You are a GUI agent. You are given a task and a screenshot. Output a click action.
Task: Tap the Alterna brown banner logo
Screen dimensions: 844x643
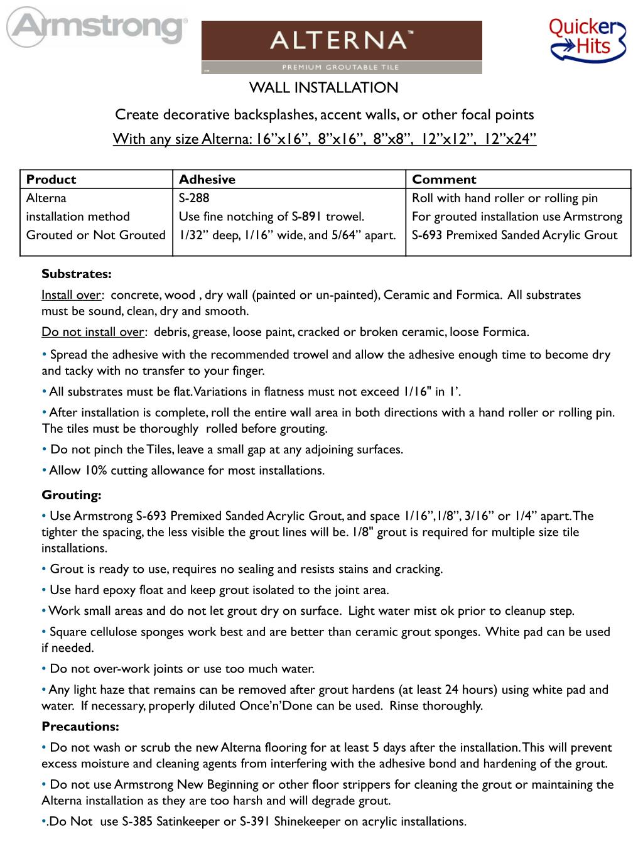(x=342, y=47)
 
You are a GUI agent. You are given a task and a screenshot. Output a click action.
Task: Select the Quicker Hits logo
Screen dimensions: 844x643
(x=588, y=38)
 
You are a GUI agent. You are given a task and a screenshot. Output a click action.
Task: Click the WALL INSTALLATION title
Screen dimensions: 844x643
(x=324, y=88)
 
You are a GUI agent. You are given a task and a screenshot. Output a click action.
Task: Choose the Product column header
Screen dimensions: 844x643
(x=51, y=180)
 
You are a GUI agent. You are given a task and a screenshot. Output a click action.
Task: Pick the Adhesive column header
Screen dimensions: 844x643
(x=207, y=180)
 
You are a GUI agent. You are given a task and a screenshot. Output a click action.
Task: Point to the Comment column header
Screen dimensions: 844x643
(x=444, y=180)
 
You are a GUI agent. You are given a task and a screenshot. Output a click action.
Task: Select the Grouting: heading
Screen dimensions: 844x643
(x=72, y=495)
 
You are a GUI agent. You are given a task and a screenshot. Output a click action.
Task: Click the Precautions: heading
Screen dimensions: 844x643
(x=80, y=727)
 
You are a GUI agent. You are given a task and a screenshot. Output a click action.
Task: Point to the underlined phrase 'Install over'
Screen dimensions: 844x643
(x=71, y=295)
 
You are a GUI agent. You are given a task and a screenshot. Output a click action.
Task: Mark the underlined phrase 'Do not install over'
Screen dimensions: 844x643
(x=94, y=332)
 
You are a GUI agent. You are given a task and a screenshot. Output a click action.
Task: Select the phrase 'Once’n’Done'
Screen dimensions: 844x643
(x=280, y=706)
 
